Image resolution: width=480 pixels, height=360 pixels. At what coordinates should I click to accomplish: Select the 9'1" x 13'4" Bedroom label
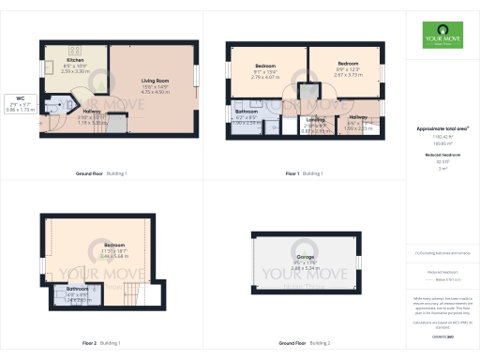click(265, 71)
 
